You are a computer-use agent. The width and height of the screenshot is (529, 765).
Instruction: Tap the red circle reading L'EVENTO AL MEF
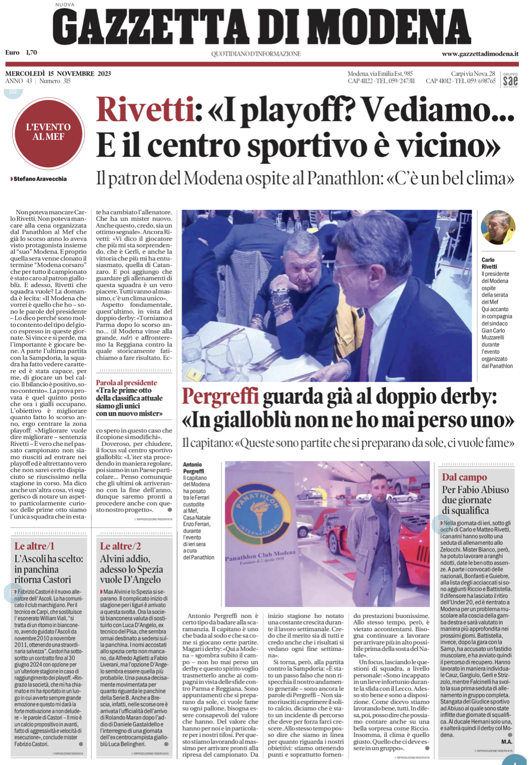click(x=48, y=133)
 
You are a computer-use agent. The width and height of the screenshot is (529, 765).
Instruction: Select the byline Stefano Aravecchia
click(x=40, y=179)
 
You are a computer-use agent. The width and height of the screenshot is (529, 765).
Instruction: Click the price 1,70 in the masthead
click(x=31, y=53)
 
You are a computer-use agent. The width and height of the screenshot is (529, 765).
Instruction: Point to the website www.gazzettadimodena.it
click(x=480, y=54)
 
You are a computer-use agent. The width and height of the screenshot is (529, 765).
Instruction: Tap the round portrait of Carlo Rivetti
click(x=498, y=228)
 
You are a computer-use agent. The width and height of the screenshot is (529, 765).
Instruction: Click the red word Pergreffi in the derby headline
click(x=220, y=397)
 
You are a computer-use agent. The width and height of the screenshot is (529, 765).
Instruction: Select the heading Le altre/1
click(x=34, y=546)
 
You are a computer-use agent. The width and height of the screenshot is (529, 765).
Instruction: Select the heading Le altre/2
click(x=120, y=546)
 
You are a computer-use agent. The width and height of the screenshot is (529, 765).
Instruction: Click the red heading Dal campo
click(x=464, y=477)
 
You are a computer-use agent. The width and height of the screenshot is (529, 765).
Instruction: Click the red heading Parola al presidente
click(x=127, y=382)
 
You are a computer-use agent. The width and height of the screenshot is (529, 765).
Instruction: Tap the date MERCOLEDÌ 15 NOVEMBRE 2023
click(x=58, y=74)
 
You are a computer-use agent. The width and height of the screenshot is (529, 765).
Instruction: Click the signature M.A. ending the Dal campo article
click(x=507, y=742)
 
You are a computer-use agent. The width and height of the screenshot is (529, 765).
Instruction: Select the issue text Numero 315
click(x=55, y=81)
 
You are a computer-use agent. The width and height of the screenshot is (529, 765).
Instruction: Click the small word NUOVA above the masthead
click(x=65, y=5)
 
